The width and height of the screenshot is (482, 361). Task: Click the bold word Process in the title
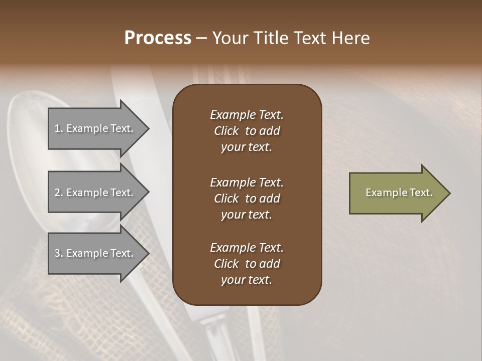pos(158,38)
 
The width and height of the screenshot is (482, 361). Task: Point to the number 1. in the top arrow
pos(58,129)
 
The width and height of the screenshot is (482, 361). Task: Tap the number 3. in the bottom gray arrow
pos(58,254)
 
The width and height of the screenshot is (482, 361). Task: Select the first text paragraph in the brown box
pos(247,131)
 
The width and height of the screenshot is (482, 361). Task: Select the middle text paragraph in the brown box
pos(247,199)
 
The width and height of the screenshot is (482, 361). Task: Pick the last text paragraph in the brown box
pos(247,264)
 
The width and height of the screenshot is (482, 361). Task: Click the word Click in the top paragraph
pos(226,131)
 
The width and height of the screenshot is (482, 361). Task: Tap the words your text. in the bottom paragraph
pos(247,280)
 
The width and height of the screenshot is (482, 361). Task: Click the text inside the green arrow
pos(399,193)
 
